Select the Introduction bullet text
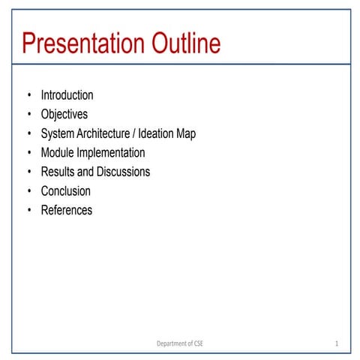point(67,95)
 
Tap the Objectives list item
point(64,115)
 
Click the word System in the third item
point(58,133)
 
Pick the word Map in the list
point(185,133)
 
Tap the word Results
point(58,172)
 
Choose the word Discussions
point(123,172)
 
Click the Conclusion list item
point(65,191)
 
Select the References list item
point(66,210)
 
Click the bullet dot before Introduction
point(29,95)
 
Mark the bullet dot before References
point(29,210)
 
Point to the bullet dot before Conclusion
point(29,191)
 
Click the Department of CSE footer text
point(179,343)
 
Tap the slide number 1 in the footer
point(337,343)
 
